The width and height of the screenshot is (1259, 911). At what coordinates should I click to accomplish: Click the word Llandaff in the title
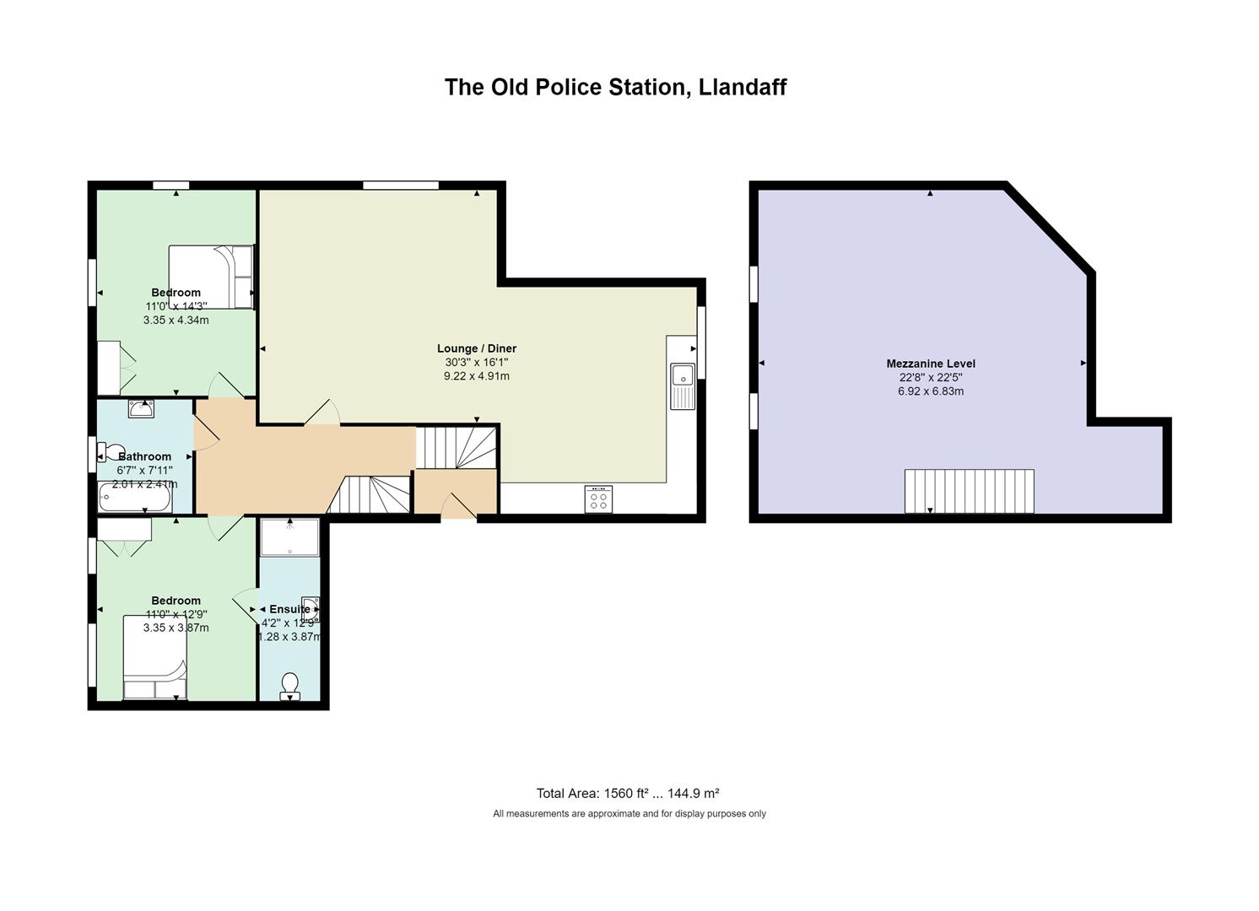(742, 87)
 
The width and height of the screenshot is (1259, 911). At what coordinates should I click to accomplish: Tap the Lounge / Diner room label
(477, 348)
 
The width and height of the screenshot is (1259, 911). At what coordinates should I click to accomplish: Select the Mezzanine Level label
(931, 364)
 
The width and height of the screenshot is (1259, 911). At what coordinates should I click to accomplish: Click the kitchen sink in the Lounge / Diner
(683, 386)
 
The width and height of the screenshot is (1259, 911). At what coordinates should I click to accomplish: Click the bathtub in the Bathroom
(135, 498)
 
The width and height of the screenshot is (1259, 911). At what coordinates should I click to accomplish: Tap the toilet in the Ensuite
(290, 687)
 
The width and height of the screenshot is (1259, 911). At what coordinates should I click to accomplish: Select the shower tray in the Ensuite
(290, 537)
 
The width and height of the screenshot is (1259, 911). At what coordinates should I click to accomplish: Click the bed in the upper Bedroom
(211, 277)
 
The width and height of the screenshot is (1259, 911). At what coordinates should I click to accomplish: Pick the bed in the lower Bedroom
(155, 657)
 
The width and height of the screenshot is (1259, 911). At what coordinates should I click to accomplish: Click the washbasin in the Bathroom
(141, 408)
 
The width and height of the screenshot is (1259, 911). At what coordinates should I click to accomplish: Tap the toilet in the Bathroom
(108, 452)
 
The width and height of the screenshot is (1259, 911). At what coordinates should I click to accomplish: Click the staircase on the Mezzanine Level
(969, 491)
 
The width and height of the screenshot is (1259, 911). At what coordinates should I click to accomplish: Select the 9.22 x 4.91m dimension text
(477, 376)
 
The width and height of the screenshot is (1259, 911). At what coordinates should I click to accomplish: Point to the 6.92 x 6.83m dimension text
(931, 391)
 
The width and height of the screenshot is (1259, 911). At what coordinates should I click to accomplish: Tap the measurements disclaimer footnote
(629, 813)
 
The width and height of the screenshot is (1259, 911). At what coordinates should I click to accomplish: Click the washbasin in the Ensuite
(311, 609)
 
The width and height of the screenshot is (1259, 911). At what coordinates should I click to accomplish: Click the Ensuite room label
(289, 609)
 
